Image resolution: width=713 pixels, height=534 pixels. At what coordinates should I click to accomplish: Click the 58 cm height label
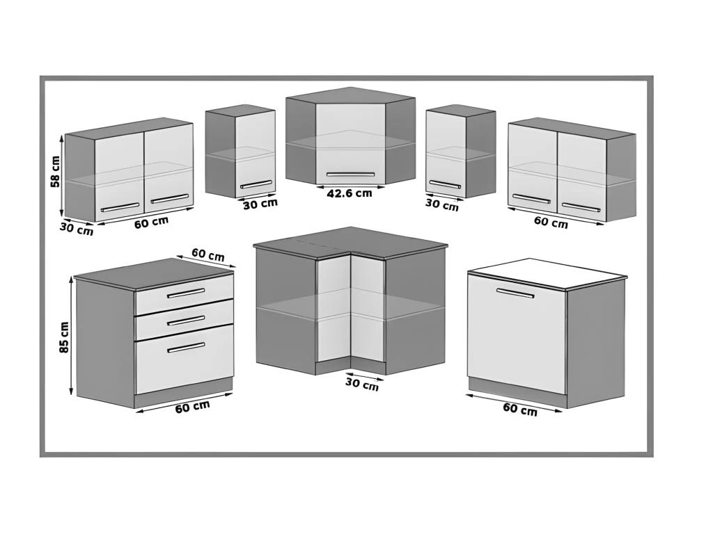55,171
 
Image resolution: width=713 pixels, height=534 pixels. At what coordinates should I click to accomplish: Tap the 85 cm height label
65,337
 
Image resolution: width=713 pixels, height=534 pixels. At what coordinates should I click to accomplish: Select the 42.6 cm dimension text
349,193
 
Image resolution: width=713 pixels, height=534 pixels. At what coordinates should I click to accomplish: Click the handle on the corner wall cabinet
350,175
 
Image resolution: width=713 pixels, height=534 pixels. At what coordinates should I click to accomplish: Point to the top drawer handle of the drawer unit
186,293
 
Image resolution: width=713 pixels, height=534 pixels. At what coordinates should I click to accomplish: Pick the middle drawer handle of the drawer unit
186,321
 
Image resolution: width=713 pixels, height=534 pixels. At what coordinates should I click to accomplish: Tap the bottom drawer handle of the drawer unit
186,346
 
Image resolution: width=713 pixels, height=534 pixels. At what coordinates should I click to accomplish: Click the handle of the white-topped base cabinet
515,293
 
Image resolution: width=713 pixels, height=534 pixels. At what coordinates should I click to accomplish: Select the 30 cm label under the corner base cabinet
362,383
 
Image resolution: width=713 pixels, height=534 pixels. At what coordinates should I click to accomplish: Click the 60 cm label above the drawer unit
207,255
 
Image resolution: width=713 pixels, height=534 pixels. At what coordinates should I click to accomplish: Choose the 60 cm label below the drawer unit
192,407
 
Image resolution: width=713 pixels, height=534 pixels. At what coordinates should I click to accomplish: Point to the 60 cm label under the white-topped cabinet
519,410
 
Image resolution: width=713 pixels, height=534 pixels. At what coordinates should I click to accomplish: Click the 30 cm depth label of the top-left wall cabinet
76,228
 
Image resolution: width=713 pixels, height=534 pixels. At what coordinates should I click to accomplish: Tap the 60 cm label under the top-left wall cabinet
151,224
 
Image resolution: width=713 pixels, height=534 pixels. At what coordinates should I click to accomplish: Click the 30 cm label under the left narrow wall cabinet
260,204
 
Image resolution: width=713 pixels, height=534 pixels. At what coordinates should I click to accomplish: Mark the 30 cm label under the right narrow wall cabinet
442,205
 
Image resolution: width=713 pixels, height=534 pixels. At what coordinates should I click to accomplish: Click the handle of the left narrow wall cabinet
256,184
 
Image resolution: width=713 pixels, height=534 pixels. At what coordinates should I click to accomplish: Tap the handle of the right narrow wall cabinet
445,184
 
